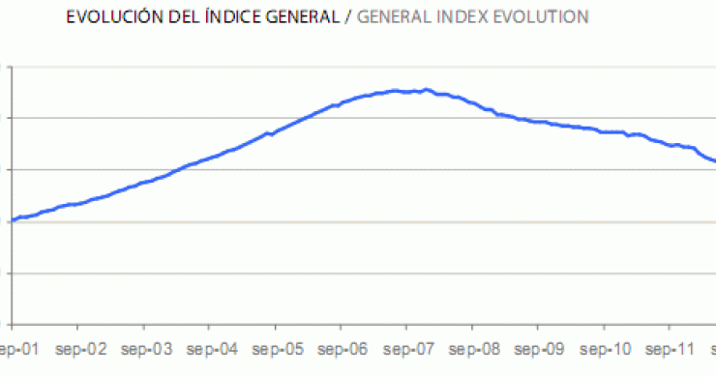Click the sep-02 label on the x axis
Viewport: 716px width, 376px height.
pos(80,349)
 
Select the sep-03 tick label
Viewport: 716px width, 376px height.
pos(145,349)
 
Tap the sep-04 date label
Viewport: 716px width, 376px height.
pos(211,349)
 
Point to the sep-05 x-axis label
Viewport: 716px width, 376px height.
pos(276,349)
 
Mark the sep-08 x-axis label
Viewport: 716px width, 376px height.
pos(472,349)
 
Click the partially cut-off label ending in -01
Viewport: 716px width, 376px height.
pos(17,349)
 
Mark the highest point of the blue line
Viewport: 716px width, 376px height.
pos(427,89)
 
